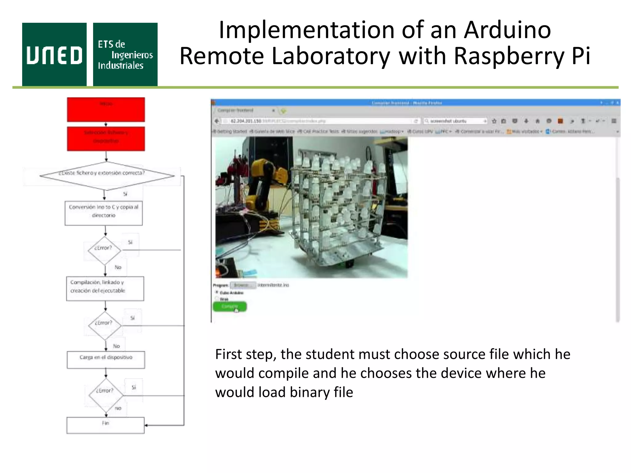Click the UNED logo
pos(54,55)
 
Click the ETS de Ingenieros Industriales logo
pos(125,55)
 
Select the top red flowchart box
pos(106,110)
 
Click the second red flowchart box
pos(106,139)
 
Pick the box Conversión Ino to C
pos(104,213)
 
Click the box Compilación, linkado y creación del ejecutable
pos(105,289)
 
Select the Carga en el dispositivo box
pos(106,360)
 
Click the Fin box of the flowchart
pos(105,425)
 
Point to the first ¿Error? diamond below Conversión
pos(104,250)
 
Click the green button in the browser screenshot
pos(230,306)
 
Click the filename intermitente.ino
pos(273,285)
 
